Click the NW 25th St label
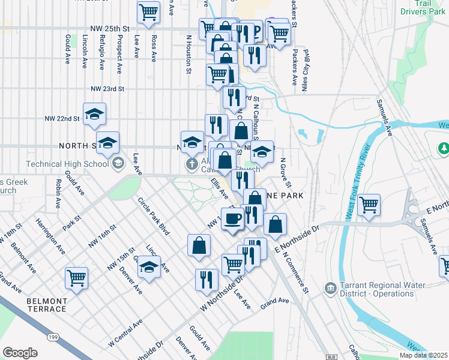110,28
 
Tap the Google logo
20,353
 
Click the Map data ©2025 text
423,355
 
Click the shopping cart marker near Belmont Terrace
76,277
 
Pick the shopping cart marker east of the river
369,205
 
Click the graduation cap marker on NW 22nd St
94,114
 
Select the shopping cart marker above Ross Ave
148,11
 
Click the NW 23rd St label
107,88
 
